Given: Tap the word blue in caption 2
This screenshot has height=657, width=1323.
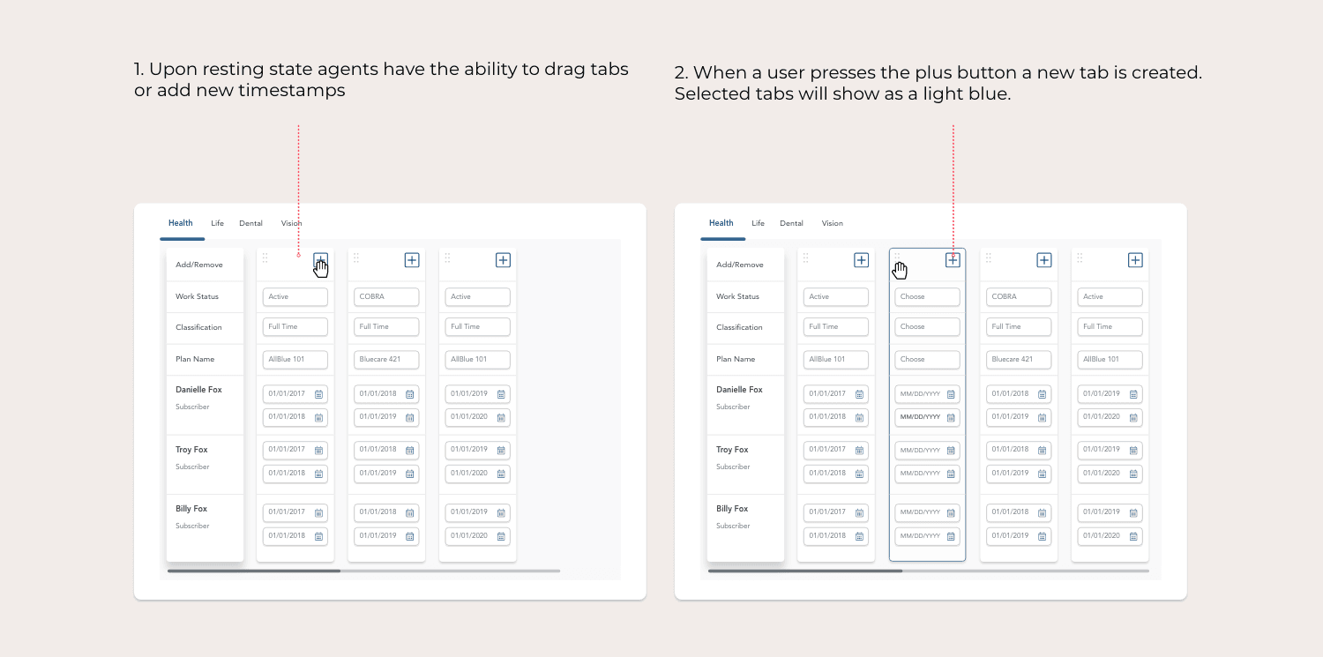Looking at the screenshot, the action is (x=989, y=93).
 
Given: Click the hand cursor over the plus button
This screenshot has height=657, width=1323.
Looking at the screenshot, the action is (x=321, y=268).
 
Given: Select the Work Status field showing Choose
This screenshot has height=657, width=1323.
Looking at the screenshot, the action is (x=927, y=297).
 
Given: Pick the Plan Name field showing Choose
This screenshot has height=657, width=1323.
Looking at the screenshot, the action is (x=927, y=360).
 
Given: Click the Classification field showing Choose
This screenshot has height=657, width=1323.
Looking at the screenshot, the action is (x=927, y=327).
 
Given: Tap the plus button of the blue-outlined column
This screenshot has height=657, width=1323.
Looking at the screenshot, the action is (x=952, y=260).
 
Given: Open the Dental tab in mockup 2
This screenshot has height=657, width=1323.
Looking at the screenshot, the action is (x=791, y=223).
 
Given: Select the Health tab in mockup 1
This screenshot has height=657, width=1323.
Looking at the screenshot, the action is (x=180, y=223).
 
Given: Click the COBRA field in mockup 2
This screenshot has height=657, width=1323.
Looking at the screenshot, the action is (x=1018, y=297).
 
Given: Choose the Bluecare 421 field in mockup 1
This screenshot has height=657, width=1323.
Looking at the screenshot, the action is (x=386, y=360).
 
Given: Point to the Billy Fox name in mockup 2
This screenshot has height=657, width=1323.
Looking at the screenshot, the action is (x=732, y=509).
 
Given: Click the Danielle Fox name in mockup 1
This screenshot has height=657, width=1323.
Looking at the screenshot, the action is (x=198, y=390).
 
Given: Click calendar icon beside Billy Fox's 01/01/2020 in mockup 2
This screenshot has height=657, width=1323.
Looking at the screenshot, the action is (x=1132, y=536).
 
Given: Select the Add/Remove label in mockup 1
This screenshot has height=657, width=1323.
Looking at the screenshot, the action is (x=199, y=265).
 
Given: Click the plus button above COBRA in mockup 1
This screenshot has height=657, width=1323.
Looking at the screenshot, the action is (x=412, y=260).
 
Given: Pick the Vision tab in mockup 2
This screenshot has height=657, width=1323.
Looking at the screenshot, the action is (x=832, y=223).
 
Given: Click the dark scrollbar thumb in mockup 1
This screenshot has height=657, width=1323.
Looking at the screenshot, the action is (x=254, y=571).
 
